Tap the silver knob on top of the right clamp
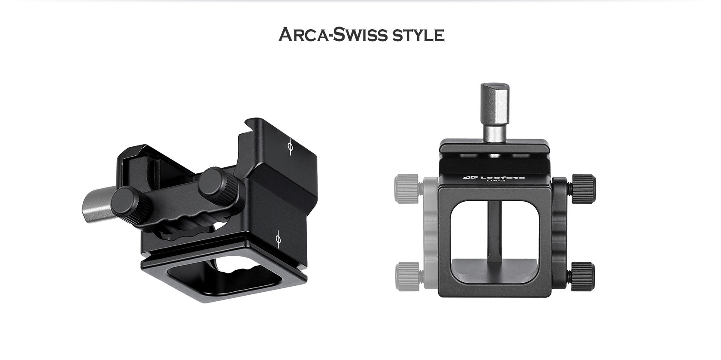(x=495, y=111)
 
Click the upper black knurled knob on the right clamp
(x=583, y=186)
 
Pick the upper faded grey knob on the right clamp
(x=407, y=185)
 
